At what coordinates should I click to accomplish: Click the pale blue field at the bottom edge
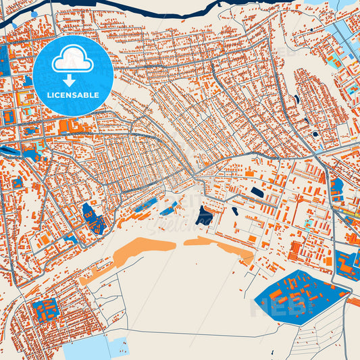click(x=88, y=348)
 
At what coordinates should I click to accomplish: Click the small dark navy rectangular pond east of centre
click(x=257, y=192)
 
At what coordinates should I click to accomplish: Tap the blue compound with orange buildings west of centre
click(x=93, y=217)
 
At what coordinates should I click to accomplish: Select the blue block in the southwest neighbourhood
click(x=45, y=309)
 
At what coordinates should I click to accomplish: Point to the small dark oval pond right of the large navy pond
click(x=234, y=211)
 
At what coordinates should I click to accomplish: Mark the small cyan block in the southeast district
click(x=309, y=224)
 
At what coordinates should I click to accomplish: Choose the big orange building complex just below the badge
click(x=73, y=126)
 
